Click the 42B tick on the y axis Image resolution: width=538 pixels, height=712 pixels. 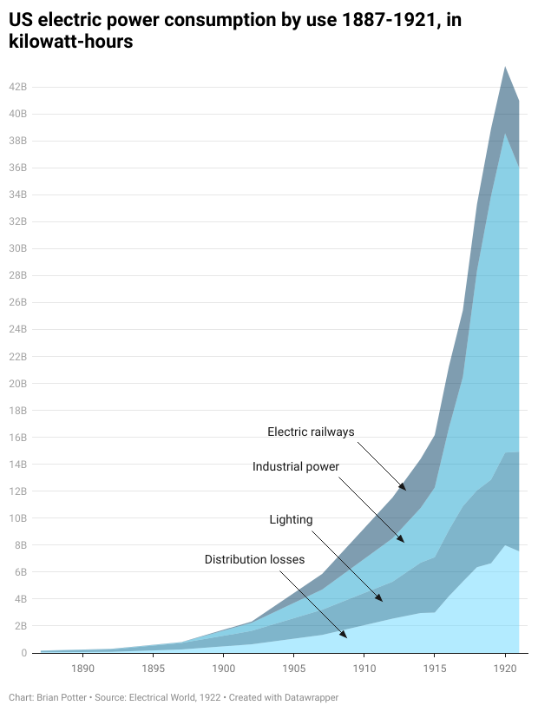18,87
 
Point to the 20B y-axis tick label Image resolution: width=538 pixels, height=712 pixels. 18,383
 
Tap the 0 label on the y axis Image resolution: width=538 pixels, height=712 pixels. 24,653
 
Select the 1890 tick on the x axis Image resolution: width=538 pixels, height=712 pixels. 82,669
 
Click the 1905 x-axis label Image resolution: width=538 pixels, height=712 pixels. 293,669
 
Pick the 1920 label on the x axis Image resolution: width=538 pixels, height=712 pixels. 505,669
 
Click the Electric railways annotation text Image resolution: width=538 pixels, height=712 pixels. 311,432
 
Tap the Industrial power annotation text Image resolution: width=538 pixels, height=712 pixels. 295,466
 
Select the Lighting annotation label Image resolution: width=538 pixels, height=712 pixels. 291,519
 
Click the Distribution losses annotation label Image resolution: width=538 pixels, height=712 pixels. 254,559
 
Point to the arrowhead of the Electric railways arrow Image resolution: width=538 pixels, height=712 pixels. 405,490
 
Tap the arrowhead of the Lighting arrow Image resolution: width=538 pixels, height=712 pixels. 383,601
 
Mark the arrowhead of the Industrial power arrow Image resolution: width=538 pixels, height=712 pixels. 404,542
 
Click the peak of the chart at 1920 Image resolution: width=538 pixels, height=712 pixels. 505,66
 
